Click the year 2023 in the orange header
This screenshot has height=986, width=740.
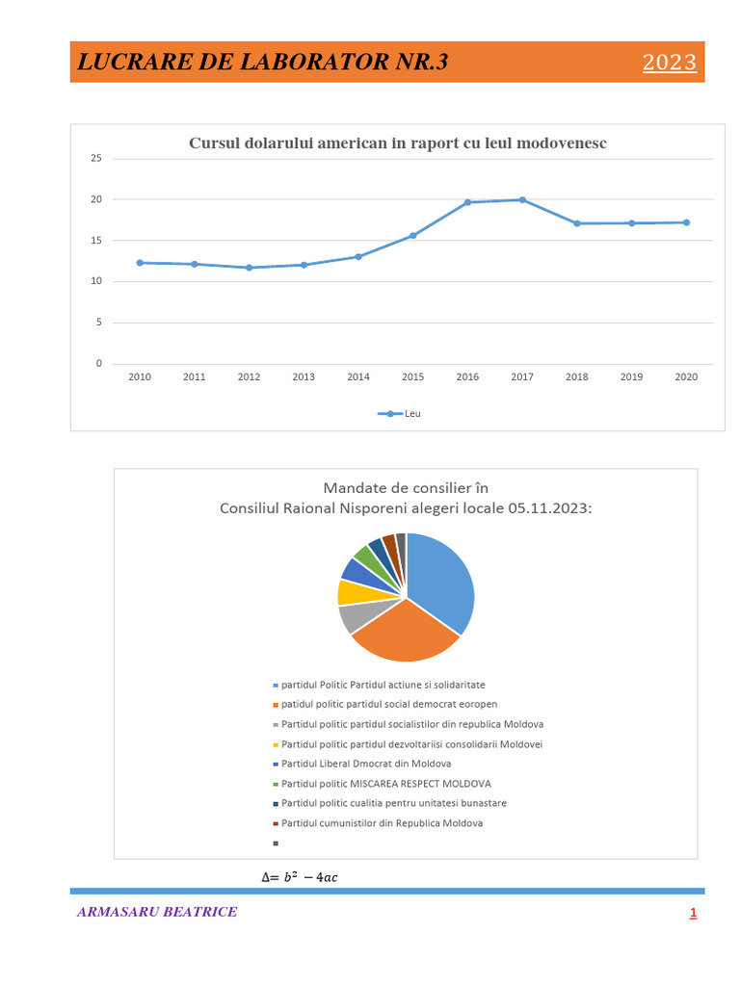(669, 63)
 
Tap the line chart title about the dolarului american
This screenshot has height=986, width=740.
(397, 143)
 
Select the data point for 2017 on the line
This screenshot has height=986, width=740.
(522, 199)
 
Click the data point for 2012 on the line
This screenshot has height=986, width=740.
(249, 268)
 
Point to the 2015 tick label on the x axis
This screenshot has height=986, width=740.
(412, 377)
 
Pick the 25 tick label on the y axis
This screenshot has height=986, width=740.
(95, 158)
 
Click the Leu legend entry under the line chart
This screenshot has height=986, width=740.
(399, 414)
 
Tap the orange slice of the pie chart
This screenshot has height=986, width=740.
(405, 634)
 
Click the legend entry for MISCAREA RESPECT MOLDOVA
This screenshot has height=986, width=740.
(385, 784)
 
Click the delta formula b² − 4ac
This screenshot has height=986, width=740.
(300, 876)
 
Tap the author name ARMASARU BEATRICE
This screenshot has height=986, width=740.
(157, 912)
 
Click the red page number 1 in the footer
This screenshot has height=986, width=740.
(692, 914)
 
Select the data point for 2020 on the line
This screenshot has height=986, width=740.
(686, 222)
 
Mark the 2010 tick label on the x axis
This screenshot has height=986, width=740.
(140, 377)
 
